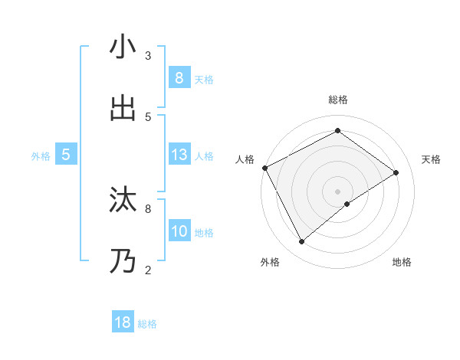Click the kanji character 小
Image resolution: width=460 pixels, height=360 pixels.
(123, 47)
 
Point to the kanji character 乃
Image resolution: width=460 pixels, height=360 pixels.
(123, 261)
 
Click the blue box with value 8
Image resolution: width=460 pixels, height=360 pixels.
(179, 77)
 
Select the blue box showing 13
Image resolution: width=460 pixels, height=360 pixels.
(179, 155)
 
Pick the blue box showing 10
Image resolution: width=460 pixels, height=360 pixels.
(179, 231)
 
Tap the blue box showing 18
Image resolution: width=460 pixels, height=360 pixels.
(123, 322)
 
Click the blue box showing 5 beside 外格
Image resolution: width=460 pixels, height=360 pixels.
(66, 155)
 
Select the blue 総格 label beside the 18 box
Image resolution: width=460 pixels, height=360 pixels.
(147, 324)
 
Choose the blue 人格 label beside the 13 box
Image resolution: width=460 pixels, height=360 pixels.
(204, 156)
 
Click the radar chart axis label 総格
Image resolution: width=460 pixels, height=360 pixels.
(337, 100)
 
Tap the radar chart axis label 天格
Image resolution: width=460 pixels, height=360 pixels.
(431, 159)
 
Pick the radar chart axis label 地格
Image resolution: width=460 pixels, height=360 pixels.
(402, 262)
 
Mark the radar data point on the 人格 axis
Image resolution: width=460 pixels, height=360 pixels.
(264, 168)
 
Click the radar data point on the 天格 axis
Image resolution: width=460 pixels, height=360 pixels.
(396, 172)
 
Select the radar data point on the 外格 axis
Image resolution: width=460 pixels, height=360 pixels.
(302, 242)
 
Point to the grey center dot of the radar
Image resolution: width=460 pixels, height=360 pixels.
(337, 191)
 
